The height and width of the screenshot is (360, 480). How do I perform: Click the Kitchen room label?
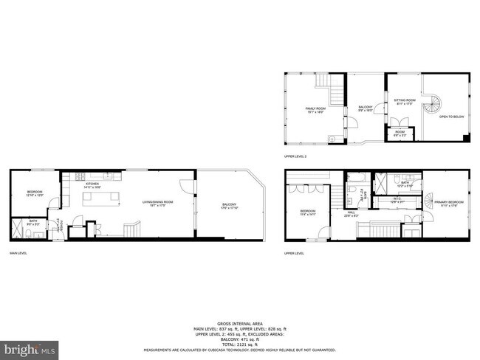click(92, 185)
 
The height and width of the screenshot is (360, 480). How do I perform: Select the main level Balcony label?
click(228, 206)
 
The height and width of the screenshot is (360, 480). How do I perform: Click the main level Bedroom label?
click(35, 193)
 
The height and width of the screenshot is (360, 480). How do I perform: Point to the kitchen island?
click(98, 197)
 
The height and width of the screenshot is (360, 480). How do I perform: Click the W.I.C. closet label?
click(395, 200)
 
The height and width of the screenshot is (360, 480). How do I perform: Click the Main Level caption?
click(18, 253)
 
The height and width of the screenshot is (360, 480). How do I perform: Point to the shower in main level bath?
click(18, 226)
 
